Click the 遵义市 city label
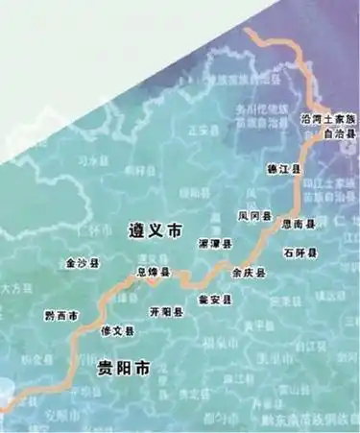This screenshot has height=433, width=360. pyautogui.click(x=154, y=229)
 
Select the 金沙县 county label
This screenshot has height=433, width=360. pyautogui.click(x=82, y=261)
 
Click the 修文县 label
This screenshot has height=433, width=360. pyautogui.click(x=117, y=331)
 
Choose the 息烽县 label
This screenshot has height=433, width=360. pyautogui.click(x=153, y=274)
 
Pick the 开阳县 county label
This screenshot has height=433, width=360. pyautogui.click(x=166, y=312)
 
